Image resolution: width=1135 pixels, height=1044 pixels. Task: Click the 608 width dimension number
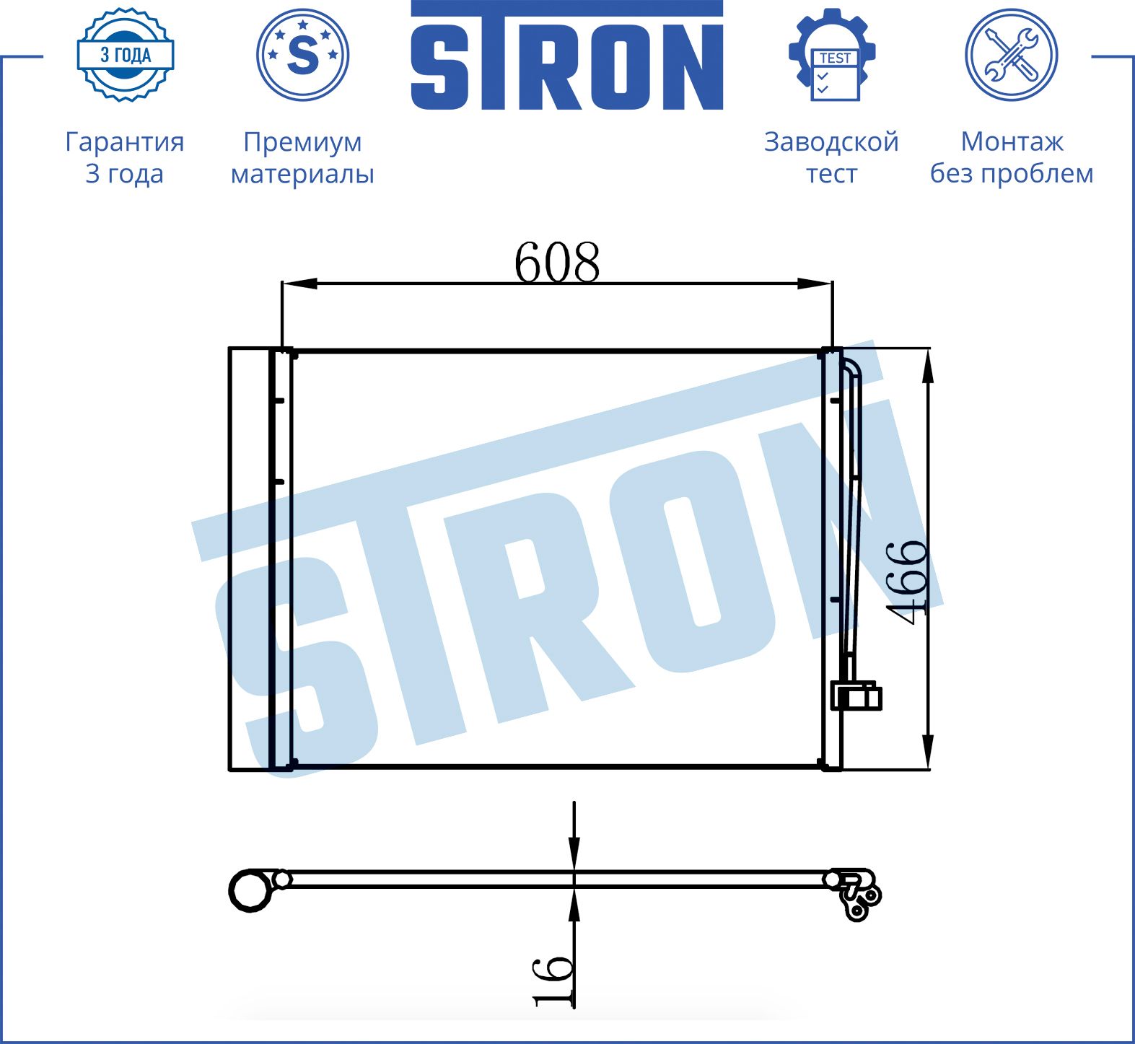point(556,262)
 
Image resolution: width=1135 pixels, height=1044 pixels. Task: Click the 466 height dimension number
point(906,582)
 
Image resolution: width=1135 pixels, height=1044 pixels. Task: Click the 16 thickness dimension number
point(553,981)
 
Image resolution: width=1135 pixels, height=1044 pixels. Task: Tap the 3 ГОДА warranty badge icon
point(126,55)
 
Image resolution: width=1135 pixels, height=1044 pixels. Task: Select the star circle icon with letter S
point(303,55)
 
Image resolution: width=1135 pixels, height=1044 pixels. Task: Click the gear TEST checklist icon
point(832,55)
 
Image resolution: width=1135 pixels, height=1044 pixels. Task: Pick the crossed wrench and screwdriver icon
point(1012,55)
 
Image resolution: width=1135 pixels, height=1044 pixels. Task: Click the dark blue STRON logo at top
point(567,56)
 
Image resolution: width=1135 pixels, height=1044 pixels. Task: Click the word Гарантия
point(125,142)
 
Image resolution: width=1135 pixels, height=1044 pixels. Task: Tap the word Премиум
point(302,142)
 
